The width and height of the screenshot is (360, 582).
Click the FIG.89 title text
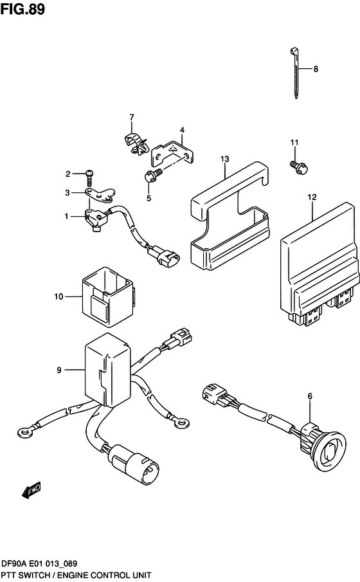[x=22, y=10]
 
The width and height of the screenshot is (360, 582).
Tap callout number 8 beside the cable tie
[x=316, y=69]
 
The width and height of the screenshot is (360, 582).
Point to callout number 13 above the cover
[x=224, y=158]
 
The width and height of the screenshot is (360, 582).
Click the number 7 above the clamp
[x=131, y=117]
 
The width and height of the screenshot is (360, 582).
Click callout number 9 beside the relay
[x=59, y=370]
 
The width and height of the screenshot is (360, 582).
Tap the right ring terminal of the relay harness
[x=183, y=423]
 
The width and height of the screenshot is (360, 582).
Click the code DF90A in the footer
[x=17, y=563]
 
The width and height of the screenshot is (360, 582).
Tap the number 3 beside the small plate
[x=67, y=192]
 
